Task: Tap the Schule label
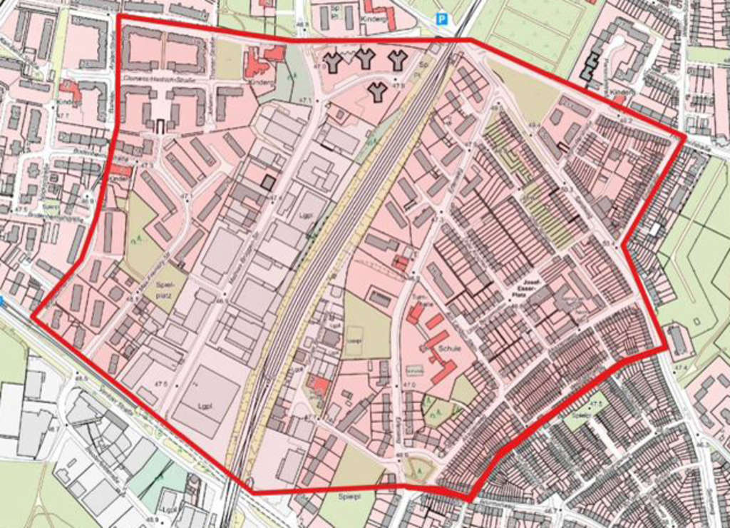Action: (x=451, y=349)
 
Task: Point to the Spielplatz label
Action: (x=165, y=288)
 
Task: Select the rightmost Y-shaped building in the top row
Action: (x=397, y=60)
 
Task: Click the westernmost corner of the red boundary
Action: (x=33, y=312)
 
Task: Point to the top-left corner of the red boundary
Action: (x=118, y=16)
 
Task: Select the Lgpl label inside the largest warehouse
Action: (x=206, y=405)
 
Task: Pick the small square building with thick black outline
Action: (x=268, y=181)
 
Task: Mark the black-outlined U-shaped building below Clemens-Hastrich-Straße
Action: (x=160, y=126)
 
